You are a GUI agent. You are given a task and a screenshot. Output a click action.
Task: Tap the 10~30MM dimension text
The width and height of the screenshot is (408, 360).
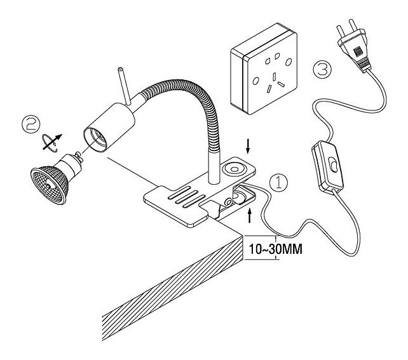click(x=275, y=248)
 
